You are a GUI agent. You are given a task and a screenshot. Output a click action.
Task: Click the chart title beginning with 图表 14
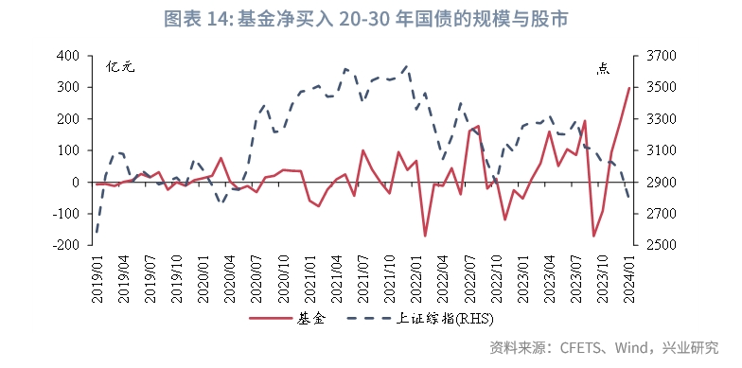(x=371, y=19)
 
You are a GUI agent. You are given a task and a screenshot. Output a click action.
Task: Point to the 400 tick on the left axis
(x=69, y=56)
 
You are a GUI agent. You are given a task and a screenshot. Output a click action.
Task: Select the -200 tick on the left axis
(x=67, y=245)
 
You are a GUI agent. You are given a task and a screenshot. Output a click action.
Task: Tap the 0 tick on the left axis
(x=79, y=182)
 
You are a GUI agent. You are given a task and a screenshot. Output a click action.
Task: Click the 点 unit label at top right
(x=604, y=67)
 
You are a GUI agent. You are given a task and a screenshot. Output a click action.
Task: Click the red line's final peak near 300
(x=629, y=88)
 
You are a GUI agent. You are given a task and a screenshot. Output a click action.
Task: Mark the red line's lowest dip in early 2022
(x=425, y=236)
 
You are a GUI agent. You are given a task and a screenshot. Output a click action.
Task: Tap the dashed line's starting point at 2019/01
(x=97, y=230)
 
